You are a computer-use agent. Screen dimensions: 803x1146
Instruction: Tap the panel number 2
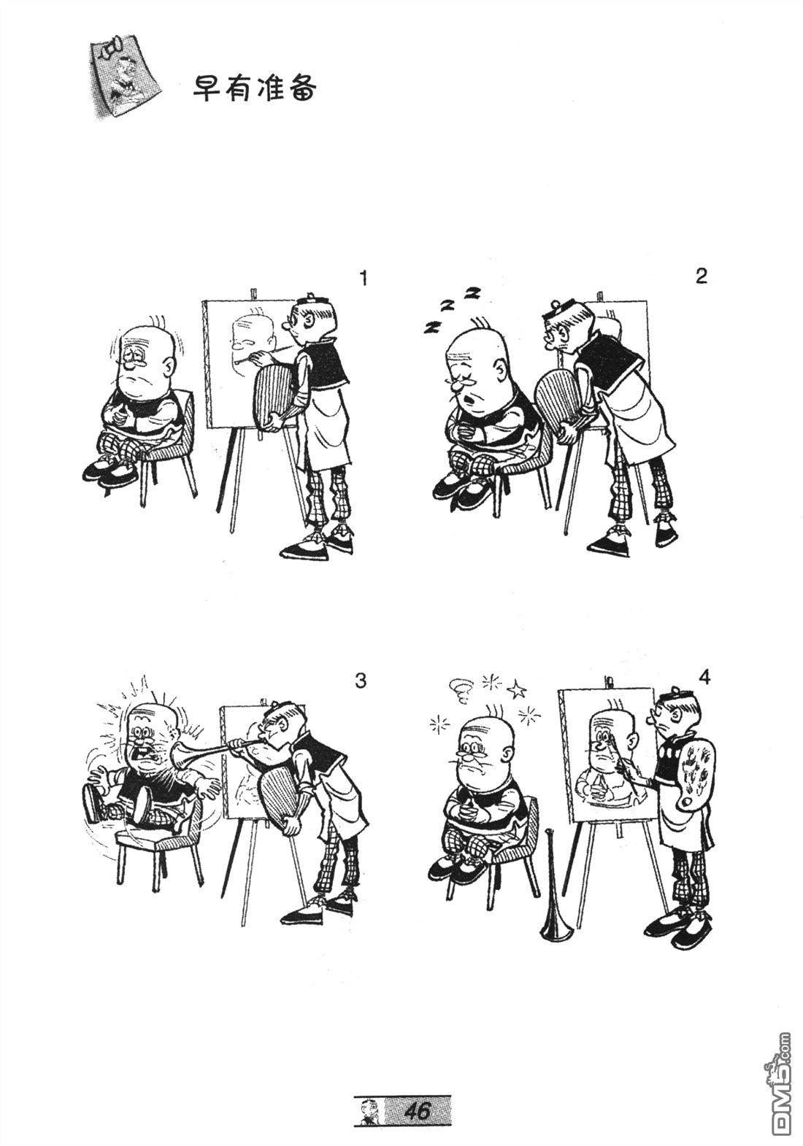click(702, 276)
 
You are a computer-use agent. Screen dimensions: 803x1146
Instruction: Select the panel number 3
click(361, 681)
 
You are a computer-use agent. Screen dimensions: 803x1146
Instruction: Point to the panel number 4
click(704, 678)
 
